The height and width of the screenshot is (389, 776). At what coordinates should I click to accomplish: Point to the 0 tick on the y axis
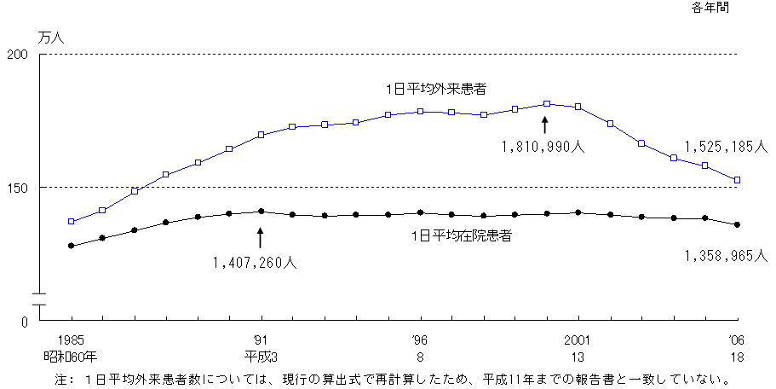pos(25,322)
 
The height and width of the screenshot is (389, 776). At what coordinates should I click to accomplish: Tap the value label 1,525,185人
pos(727,146)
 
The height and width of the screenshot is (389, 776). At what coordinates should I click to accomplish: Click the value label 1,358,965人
pos(727,255)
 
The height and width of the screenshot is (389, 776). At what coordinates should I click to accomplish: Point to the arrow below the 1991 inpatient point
pos(261,236)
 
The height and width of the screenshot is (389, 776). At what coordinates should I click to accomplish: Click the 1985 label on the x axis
pos(71,339)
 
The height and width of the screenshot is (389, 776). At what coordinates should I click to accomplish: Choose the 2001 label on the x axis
pos(578,339)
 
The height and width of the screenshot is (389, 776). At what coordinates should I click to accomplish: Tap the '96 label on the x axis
pos(420,339)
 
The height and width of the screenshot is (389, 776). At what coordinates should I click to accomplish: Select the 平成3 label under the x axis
pos(261,356)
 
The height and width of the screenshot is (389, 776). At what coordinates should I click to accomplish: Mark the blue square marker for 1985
pos(72,222)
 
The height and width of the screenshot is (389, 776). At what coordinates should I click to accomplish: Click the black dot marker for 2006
pos(738,224)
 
